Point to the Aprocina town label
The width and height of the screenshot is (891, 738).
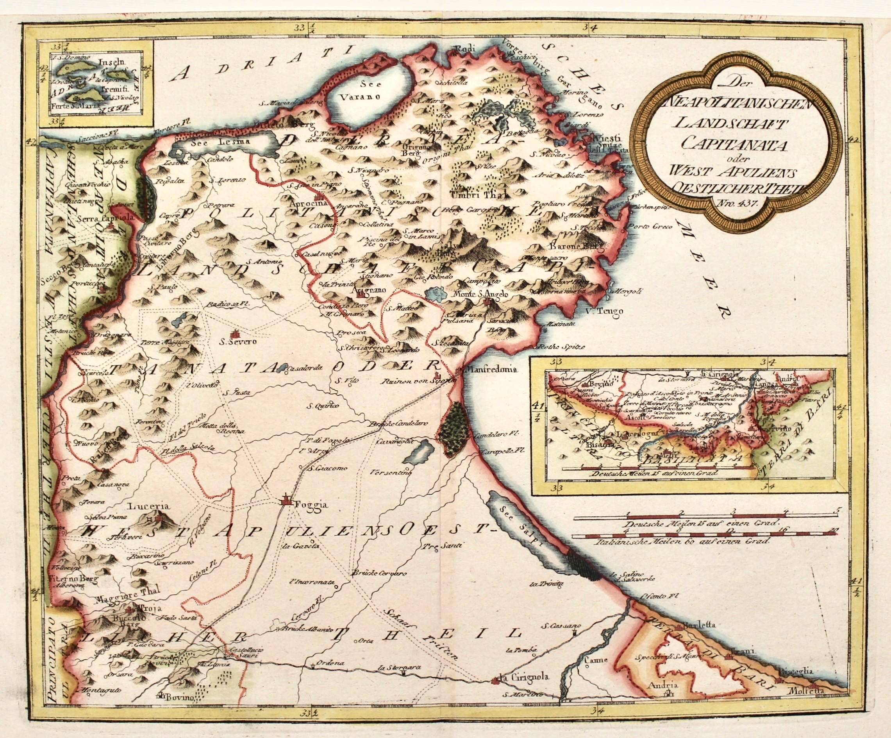pyautogui.click(x=302, y=203)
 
